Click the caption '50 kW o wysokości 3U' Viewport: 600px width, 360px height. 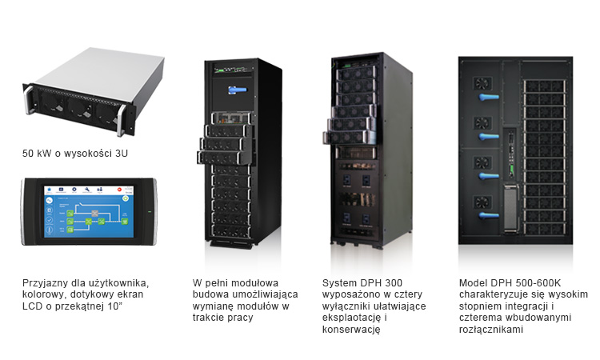coord(75,154)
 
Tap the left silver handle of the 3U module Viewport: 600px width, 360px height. coord(28,99)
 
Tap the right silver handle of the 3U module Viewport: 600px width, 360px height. coord(121,120)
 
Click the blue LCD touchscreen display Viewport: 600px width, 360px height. coord(89,211)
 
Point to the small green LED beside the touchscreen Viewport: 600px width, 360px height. coord(150,211)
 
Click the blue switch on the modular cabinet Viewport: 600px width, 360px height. coord(238,90)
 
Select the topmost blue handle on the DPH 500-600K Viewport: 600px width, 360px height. coord(489,97)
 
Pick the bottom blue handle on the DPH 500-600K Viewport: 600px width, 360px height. coord(489,215)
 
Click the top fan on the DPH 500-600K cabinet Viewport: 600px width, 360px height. coord(482,83)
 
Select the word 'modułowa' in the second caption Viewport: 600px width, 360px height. coord(255,283)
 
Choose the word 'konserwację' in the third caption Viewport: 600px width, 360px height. coord(351,330)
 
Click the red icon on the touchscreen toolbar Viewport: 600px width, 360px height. coord(119,190)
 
